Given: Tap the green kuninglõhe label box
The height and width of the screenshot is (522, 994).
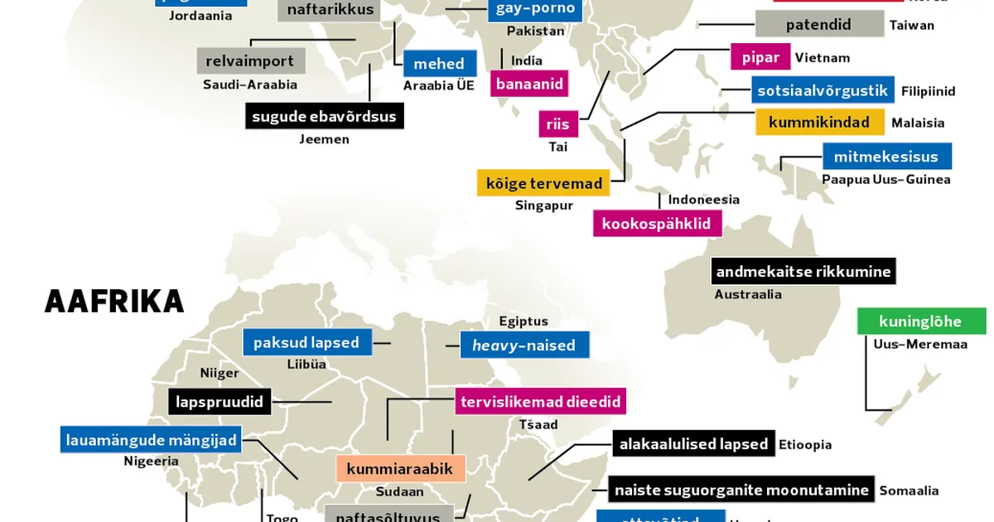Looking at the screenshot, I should pyautogui.click(x=921, y=321).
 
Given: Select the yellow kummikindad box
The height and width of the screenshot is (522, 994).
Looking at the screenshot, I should pyautogui.click(x=819, y=123).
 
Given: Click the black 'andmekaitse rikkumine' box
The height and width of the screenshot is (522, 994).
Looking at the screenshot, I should pyautogui.click(x=803, y=272).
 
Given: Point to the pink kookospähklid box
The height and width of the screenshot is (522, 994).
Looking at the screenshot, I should pyautogui.click(x=657, y=224).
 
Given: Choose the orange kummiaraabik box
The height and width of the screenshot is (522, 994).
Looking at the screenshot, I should pyautogui.click(x=400, y=469).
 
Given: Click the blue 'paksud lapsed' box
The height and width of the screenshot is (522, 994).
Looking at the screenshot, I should pyautogui.click(x=306, y=342).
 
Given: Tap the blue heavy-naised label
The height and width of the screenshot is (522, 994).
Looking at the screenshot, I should pyautogui.click(x=524, y=345).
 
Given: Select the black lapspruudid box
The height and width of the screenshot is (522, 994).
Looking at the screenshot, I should pyautogui.click(x=220, y=403).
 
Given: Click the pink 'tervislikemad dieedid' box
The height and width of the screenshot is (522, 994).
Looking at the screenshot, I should pyautogui.click(x=540, y=402).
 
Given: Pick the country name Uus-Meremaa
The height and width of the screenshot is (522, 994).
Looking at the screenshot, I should pyautogui.click(x=920, y=345).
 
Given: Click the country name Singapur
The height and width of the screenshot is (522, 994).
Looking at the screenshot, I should pyautogui.click(x=544, y=205).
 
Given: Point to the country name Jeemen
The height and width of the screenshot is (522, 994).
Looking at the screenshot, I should pyautogui.click(x=325, y=139).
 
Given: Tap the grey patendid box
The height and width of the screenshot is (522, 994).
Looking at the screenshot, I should pyautogui.click(x=818, y=25).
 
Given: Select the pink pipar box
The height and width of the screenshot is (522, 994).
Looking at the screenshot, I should pyautogui.click(x=760, y=58).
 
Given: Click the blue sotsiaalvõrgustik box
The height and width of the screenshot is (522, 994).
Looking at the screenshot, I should pyautogui.click(x=823, y=90).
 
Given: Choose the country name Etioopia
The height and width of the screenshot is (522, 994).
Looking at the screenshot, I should pyautogui.click(x=805, y=445).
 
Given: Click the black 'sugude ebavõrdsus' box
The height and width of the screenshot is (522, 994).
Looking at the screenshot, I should pyautogui.click(x=325, y=116).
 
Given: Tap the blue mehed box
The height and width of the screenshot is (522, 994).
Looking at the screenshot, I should pyautogui.click(x=439, y=64).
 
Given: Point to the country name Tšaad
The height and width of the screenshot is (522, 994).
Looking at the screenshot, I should pyautogui.click(x=538, y=425).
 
